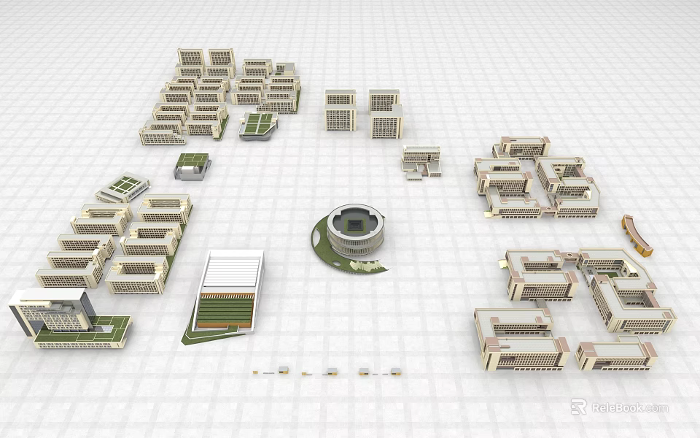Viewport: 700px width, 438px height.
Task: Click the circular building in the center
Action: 354,232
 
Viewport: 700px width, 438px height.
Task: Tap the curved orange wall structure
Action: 637,234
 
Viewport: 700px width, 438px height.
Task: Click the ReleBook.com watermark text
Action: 629,407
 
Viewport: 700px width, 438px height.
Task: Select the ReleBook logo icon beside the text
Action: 578,407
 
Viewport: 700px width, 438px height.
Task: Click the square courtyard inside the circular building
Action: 355,223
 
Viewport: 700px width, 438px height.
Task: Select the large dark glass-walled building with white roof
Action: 50,310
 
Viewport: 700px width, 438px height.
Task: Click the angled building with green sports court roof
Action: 124,186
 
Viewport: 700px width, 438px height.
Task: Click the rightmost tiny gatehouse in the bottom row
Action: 395,371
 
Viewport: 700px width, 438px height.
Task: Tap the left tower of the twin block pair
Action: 340,110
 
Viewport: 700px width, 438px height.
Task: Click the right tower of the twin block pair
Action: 385,113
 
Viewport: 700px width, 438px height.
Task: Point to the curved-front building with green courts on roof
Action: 259,125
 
